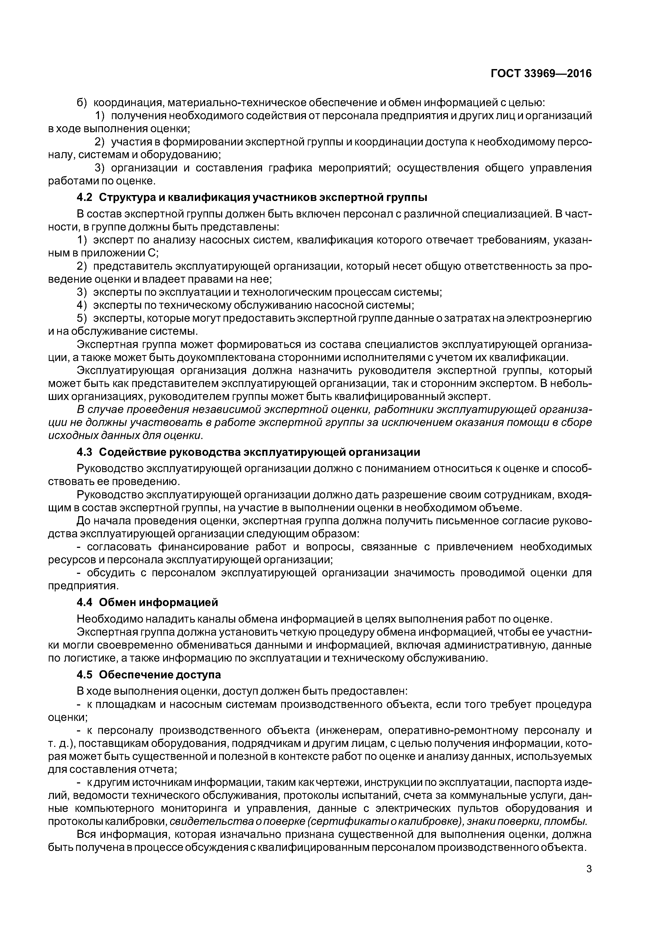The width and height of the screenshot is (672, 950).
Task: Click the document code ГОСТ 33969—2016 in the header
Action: click(541, 74)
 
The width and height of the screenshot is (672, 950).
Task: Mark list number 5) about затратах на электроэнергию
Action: click(82, 318)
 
